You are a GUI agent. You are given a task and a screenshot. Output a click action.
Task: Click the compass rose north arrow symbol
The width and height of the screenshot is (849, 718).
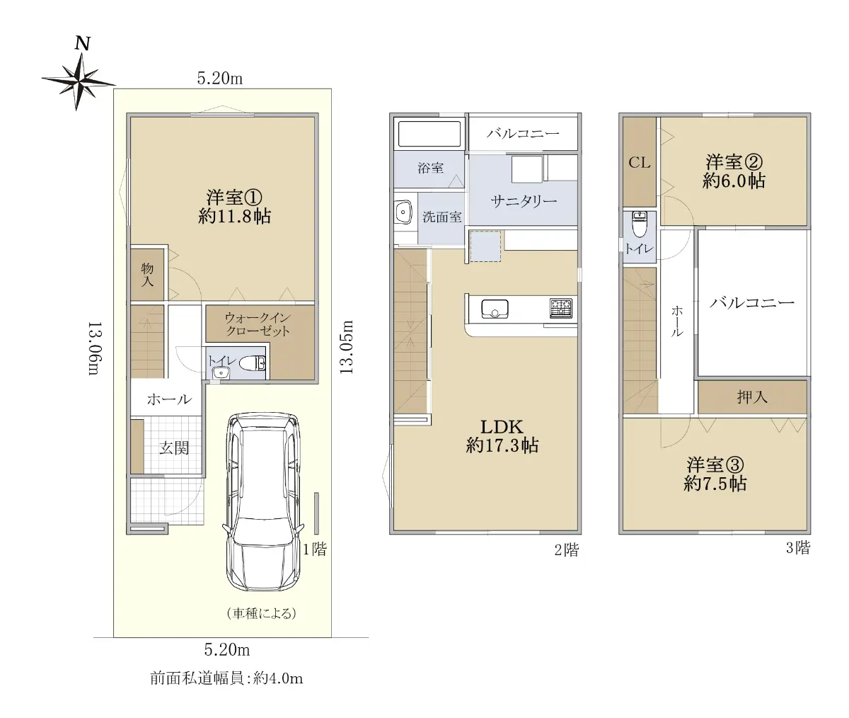coord(78,81)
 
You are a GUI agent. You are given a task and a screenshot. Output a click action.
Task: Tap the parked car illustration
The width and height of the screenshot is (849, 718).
coord(262,502)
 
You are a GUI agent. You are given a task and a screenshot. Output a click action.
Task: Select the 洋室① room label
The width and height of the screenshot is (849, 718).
coord(233,198)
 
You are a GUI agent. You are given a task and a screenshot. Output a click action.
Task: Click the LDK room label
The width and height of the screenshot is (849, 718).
coord(502,427)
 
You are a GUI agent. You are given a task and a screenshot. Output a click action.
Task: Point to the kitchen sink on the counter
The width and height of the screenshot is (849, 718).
coord(495,309)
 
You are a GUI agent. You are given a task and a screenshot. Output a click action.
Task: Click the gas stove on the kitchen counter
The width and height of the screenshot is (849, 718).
coord(561,308)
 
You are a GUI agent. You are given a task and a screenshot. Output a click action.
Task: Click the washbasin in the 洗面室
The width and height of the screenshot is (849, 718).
coord(403,212)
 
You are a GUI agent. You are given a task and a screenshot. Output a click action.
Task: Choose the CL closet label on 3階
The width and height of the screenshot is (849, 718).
coord(639,163)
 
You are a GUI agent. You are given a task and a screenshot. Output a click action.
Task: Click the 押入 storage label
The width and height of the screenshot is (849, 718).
coord(752,397)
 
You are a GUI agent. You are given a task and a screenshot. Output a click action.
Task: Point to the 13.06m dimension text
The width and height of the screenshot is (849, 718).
coord(94,348)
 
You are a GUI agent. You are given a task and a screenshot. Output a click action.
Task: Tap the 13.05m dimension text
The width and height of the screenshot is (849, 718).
coord(346,347)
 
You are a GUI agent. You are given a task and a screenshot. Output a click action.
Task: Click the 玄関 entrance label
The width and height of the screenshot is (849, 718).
coord(174,448)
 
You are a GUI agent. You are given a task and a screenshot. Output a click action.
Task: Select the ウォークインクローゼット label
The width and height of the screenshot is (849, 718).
coord(258,324)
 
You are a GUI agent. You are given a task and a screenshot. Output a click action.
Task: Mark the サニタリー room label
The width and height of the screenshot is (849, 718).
coord(524,201)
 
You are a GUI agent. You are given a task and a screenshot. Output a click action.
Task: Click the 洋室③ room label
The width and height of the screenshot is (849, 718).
coord(715,464)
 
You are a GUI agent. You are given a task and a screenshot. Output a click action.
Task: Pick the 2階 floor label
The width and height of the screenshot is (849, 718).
coord(567,550)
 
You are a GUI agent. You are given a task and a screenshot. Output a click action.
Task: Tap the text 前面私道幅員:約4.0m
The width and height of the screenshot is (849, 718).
coord(226,678)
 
